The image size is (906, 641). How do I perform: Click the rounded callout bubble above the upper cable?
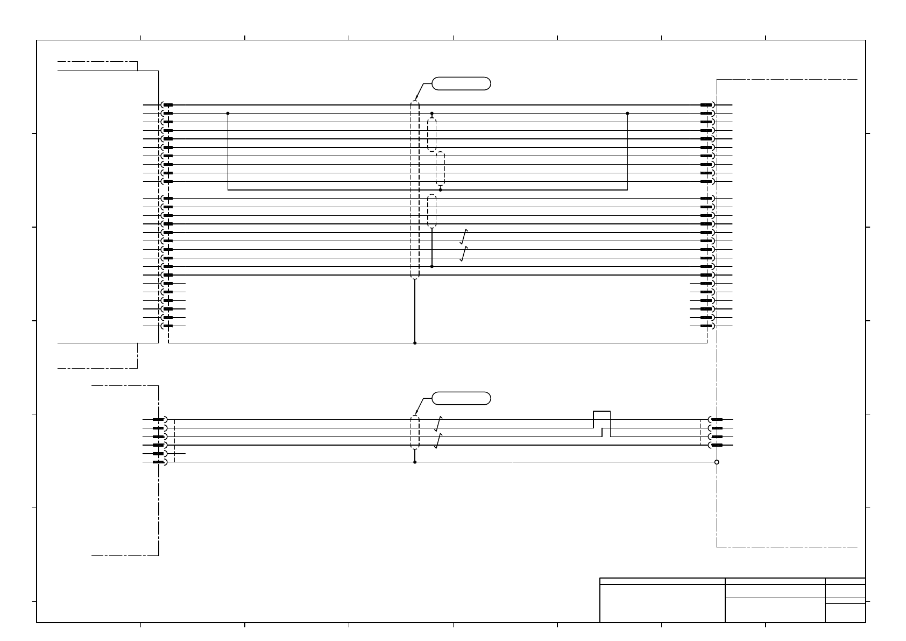coord(461,83)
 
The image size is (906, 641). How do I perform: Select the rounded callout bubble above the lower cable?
coord(461,398)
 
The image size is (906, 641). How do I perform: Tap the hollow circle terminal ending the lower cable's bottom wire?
coord(717,462)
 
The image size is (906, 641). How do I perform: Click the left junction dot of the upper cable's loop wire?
coord(228,114)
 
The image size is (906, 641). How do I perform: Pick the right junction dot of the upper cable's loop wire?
coord(627,114)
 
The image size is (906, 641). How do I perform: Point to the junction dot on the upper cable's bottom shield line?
coord(415,343)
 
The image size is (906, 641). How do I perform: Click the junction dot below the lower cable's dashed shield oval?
coord(415,462)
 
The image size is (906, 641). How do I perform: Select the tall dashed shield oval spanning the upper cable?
coord(415,189)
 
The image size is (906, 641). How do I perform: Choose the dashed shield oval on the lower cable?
coord(415,432)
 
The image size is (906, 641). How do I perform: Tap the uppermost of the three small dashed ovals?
coord(432,135)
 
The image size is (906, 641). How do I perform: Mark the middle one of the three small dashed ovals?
coord(441,168)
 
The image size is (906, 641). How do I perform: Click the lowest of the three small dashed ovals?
coord(432,211)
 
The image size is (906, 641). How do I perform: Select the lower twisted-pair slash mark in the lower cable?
coord(438,441)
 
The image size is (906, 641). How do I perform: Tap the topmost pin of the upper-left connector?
coord(167,105)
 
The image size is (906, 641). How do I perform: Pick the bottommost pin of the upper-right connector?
coord(706,326)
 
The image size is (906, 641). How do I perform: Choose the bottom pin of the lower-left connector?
coord(159,462)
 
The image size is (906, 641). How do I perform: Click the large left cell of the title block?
coord(662,603)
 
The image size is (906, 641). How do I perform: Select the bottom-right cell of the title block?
coord(845,613)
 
